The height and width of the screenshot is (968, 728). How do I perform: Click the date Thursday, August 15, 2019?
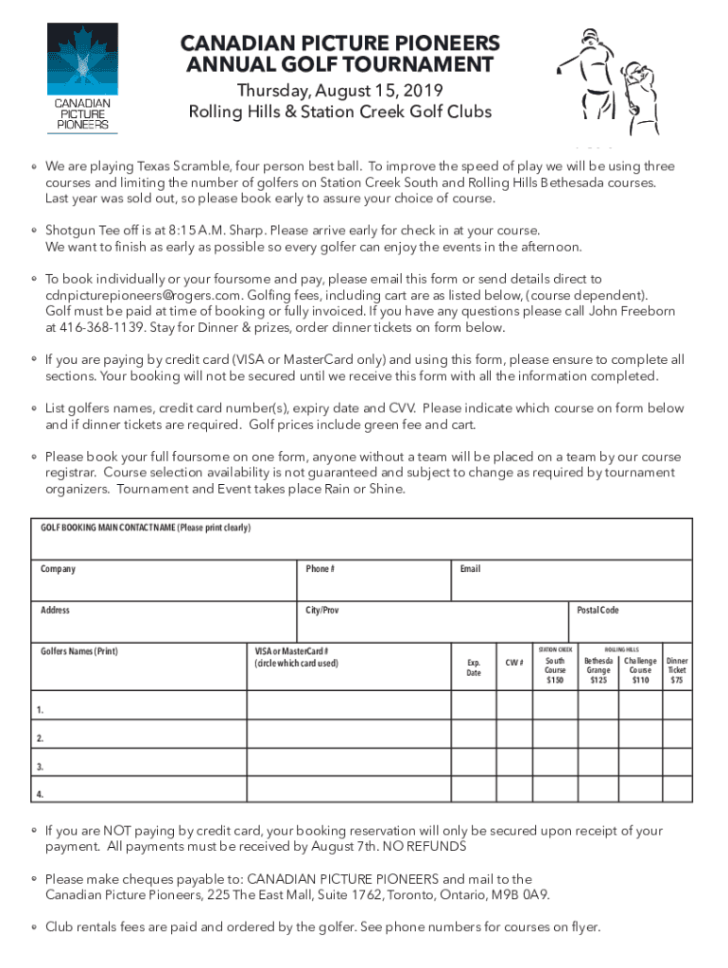[x=339, y=91]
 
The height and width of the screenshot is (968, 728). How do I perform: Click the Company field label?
[x=58, y=569]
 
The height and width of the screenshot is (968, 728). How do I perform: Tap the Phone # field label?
[x=320, y=569]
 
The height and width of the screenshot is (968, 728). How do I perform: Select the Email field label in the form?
[x=470, y=569]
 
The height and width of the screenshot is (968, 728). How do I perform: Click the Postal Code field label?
[x=598, y=611]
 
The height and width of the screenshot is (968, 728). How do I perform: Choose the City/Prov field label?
[x=321, y=611]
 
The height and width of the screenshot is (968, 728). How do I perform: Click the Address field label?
[x=55, y=611]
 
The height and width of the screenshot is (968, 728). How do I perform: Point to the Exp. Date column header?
[x=474, y=668]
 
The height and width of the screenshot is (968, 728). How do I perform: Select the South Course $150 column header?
[x=555, y=669]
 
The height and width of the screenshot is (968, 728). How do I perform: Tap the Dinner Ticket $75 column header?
[x=677, y=669]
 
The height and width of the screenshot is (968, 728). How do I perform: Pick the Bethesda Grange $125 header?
[x=598, y=669]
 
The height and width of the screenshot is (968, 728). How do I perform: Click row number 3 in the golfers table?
[x=39, y=767]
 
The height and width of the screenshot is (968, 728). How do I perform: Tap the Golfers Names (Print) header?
[x=79, y=651]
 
